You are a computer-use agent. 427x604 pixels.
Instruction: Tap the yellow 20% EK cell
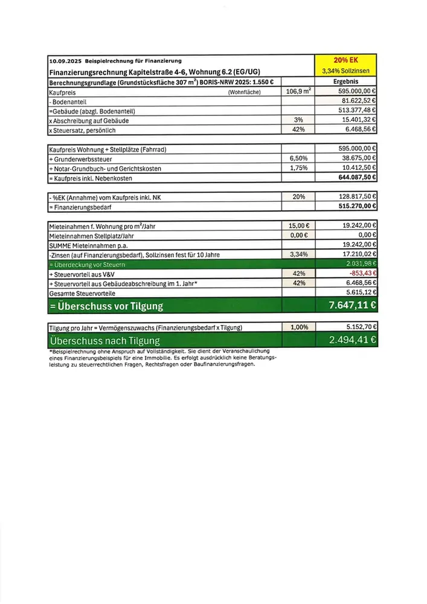pos(346,60)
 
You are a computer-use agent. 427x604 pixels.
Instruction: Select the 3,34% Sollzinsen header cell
pos(346,71)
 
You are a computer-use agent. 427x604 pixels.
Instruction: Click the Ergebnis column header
pos(346,82)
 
